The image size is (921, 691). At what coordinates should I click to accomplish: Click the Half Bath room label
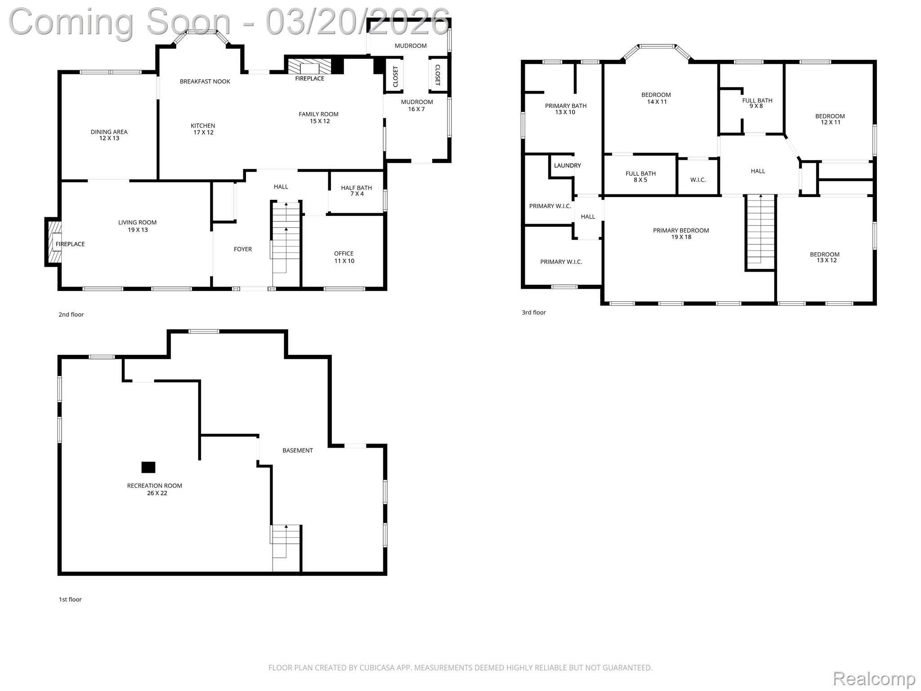pos(357,191)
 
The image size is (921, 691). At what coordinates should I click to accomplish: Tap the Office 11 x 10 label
pos(344,257)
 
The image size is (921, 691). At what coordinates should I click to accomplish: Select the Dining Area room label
pos(109,135)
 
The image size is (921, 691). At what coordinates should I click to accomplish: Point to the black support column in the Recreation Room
pos(148,467)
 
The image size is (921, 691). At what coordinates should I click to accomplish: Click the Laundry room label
pos(567,166)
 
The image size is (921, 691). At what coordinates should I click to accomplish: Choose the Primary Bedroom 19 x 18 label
pos(681,233)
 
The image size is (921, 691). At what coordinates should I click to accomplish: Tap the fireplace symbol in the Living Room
pos(54,242)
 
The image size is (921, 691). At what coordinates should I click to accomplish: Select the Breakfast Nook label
pos(205,81)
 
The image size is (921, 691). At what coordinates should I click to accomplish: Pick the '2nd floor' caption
pos(71,314)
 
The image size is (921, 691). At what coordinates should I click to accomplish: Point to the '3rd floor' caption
pos(534,312)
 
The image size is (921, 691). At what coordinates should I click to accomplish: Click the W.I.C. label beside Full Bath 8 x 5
pos(698,180)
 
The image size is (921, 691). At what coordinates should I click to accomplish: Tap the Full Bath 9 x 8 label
pos(757,103)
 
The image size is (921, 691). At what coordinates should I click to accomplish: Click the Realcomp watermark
pos(874,678)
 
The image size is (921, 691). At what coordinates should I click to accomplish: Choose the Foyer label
pos(243,249)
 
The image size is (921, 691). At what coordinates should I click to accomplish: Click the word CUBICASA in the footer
pos(377,668)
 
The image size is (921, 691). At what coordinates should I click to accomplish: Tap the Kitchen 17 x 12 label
pos(203,129)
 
